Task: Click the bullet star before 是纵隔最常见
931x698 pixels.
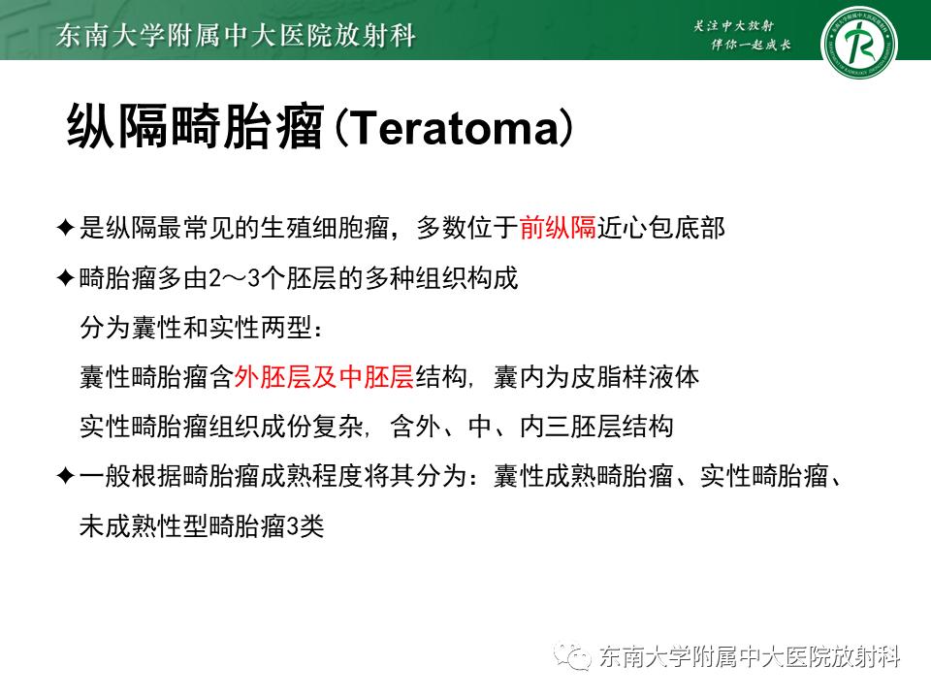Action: [65, 229]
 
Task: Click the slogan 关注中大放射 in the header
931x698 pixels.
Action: [740, 26]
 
